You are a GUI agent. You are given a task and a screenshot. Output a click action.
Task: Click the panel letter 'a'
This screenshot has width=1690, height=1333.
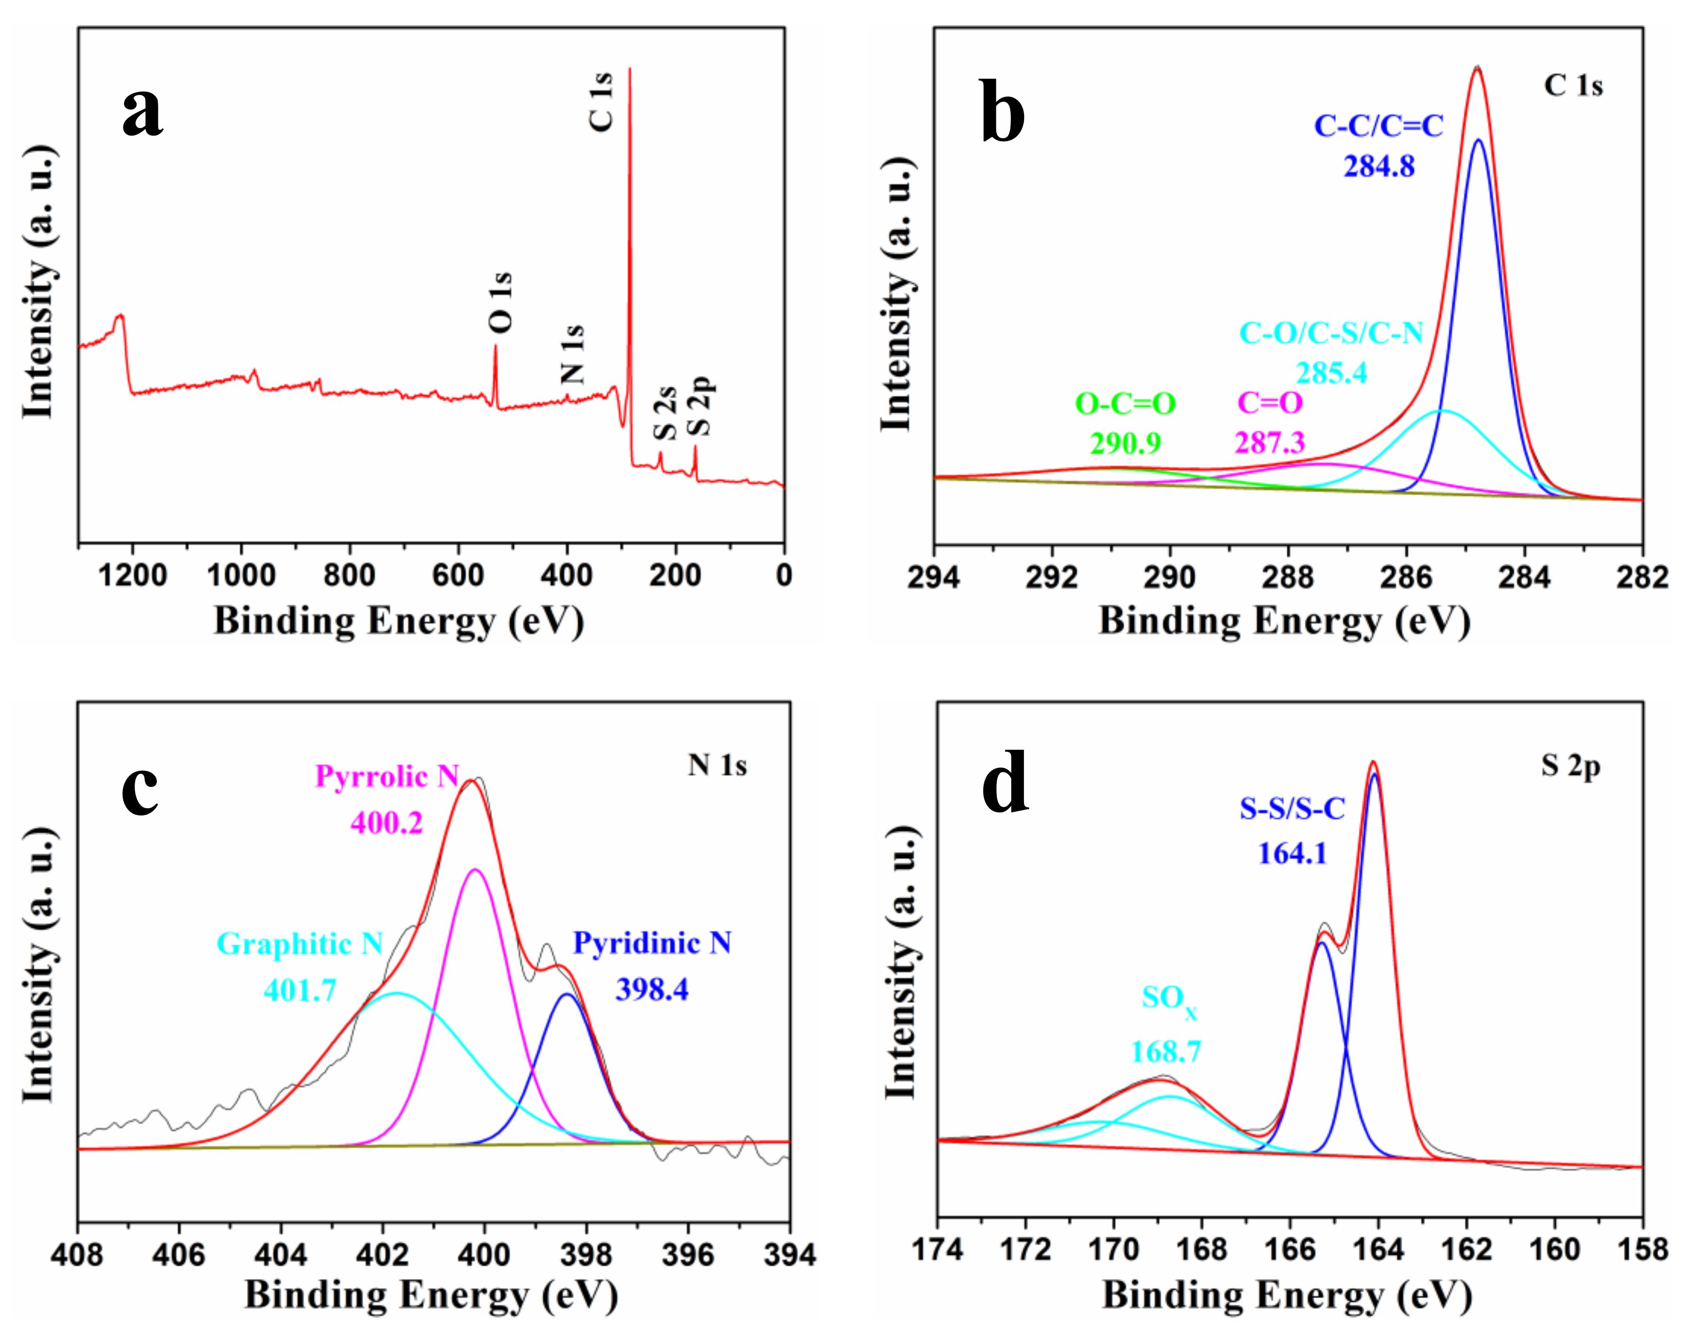[x=142, y=111]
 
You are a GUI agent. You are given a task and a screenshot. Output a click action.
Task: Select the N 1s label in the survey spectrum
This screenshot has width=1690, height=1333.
[x=572, y=354]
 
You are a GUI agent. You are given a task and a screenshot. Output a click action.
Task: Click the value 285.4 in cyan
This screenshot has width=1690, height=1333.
[x=1332, y=373]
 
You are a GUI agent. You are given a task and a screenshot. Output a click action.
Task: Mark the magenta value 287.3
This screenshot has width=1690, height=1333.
[x=1269, y=443]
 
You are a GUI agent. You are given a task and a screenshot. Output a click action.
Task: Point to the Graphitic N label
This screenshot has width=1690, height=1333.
[x=300, y=944]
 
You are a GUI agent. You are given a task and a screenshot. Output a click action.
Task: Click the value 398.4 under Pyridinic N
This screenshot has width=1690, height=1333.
[x=652, y=990]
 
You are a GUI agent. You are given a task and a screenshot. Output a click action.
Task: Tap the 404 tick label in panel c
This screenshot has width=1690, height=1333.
[x=280, y=1255]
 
